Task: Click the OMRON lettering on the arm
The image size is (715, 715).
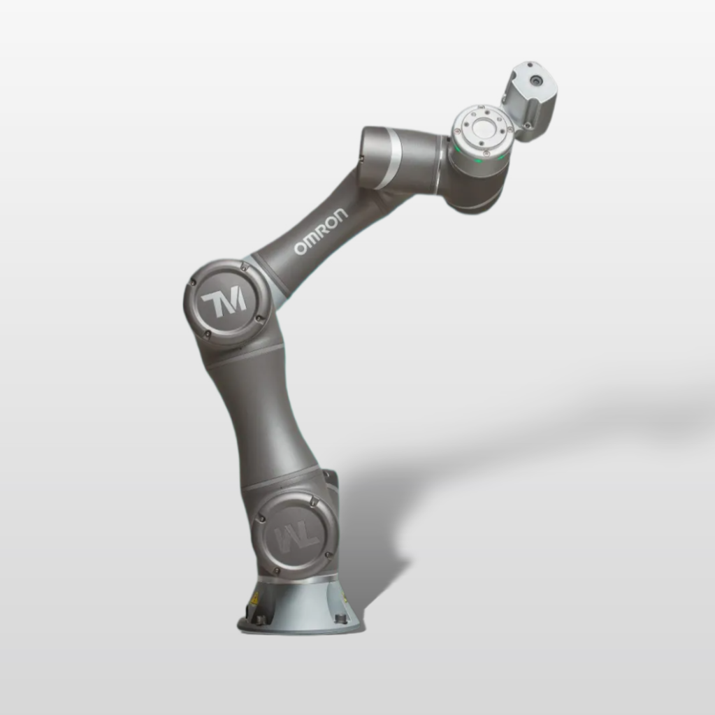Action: (x=321, y=231)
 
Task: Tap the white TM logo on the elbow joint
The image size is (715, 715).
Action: (x=224, y=301)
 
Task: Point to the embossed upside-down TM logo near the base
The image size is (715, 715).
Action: (x=297, y=537)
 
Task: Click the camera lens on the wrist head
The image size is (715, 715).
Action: (x=535, y=80)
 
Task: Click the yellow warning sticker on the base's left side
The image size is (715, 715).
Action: (x=255, y=598)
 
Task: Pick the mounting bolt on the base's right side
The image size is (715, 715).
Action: (x=339, y=619)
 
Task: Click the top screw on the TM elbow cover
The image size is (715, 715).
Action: (x=240, y=265)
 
